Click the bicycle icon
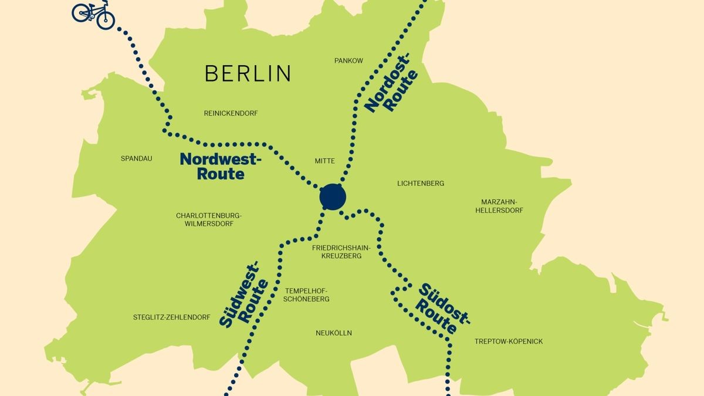point(93,14)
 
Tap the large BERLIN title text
point(248,73)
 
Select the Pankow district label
point(348,60)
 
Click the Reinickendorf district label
point(231,113)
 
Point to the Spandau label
point(136,158)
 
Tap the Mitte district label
point(324,161)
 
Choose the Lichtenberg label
point(421,183)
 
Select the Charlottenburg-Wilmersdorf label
point(209,219)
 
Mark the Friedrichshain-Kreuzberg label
point(341,252)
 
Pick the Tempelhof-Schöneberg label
point(307,295)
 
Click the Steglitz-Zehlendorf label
point(171,317)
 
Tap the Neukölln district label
point(333,333)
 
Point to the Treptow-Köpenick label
point(509,341)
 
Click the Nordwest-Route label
point(220,166)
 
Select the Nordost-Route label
point(391,83)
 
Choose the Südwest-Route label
point(245,297)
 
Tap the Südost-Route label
point(444,309)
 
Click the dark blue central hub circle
point(333,197)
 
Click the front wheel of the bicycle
point(106,20)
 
